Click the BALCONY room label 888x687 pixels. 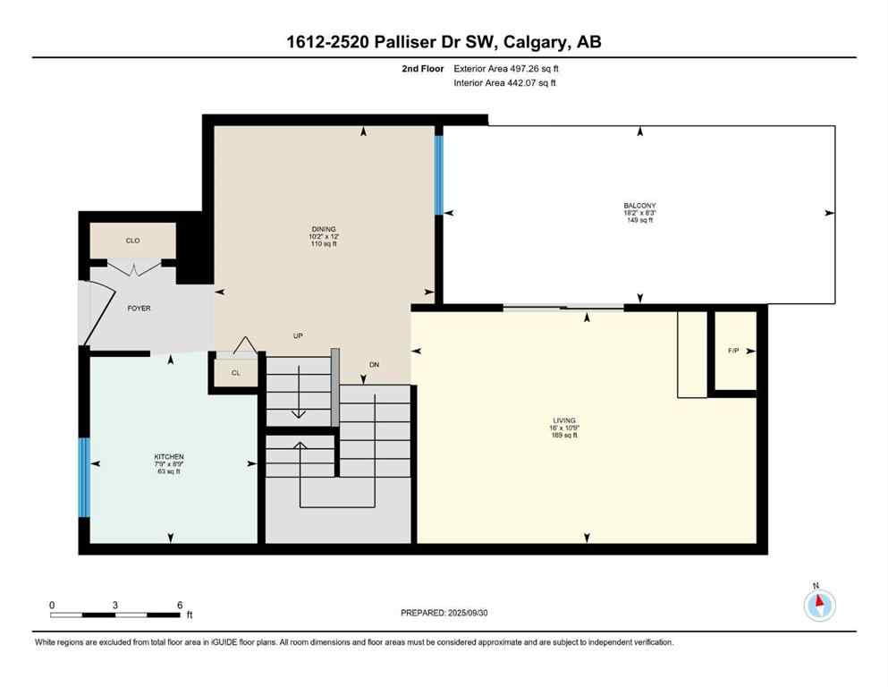pos(639,206)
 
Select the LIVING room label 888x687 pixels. pos(564,420)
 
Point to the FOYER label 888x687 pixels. pos(139,309)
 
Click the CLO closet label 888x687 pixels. pos(132,241)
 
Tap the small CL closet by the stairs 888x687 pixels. pos(235,373)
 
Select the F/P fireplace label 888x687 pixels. pos(734,351)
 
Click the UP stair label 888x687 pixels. pos(299,335)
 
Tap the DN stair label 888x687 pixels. pos(376,364)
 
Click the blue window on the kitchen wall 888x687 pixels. pos(83,478)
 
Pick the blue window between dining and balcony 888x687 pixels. pos(438,175)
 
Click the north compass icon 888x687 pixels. pos(819,605)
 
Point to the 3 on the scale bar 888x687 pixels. pos(115,605)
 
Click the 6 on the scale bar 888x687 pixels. pos(179,605)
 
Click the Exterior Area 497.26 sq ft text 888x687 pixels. pos(508,68)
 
